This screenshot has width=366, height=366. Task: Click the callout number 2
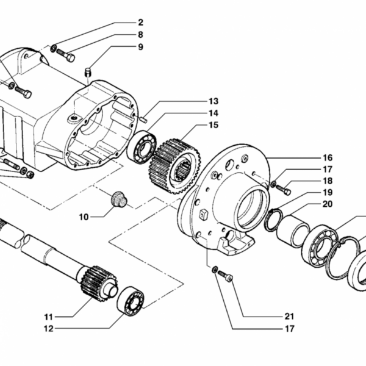click(140, 23)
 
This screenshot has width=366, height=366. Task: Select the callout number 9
click(140, 47)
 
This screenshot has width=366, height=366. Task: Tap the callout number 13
click(213, 101)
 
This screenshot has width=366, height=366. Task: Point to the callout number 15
click(213, 125)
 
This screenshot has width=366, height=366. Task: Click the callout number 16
click(328, 158)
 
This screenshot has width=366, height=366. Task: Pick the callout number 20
click(328, 204)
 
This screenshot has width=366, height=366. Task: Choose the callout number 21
click(289, 316)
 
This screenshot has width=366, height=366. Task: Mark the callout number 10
click(84, 217)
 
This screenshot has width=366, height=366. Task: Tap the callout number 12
click(49, 329)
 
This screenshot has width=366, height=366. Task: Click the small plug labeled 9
click(88, 73)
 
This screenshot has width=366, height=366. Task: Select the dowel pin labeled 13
click(143, 120)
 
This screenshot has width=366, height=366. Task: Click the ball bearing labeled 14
click(142, 148)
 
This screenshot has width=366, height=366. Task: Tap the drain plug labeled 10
click(118, 199)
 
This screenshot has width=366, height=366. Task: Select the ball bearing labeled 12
click(131, 301)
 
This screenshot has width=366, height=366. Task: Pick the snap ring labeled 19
click(273, 220)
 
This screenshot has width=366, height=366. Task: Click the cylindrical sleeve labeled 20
click(293, 231)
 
